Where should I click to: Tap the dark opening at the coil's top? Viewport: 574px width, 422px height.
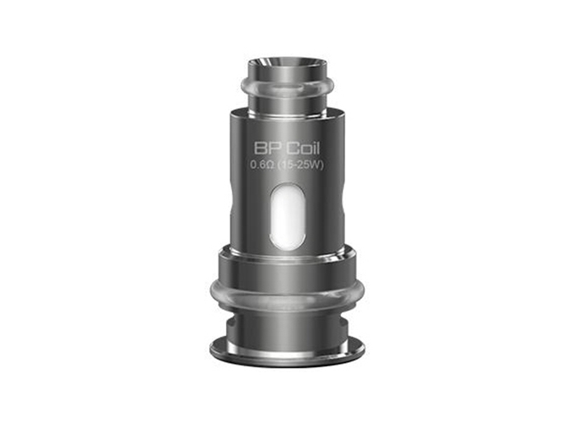coord(288,64)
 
